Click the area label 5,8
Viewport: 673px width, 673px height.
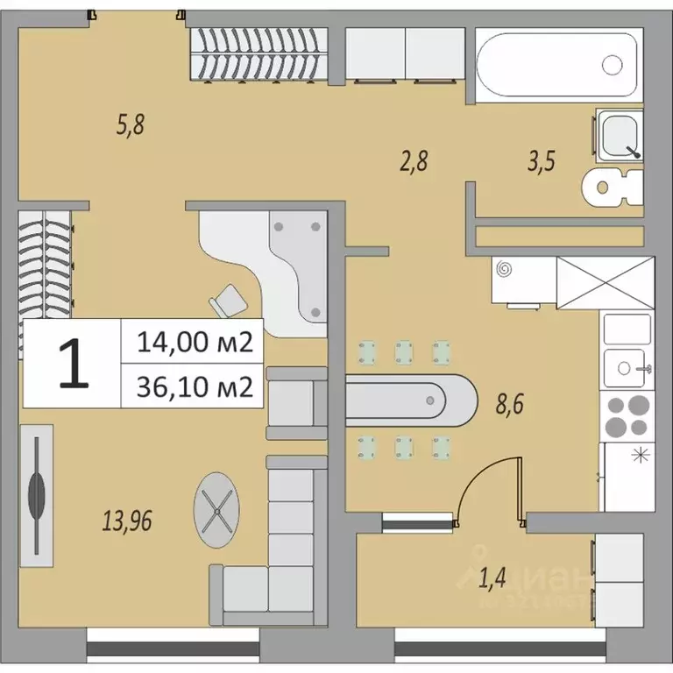(x=130, y=125)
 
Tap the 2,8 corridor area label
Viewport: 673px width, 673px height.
(x=414, y=162)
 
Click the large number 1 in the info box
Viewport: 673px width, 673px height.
(x=73, y=365)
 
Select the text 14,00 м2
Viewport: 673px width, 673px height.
(x=195, y=343)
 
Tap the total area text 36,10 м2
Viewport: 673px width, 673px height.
(x=195, y=385)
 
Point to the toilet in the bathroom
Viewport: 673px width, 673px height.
(x=613, y=185)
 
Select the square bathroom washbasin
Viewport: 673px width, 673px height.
(x=620, y=137)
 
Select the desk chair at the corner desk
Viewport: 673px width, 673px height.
(x=230, y=301)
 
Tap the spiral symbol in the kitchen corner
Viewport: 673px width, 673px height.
(x=504, y=271)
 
